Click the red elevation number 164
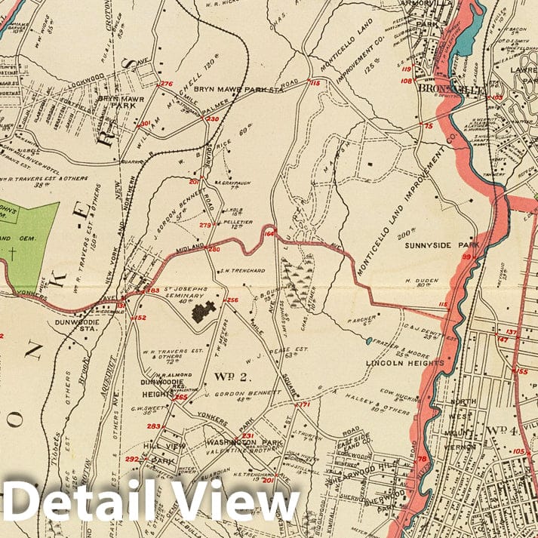click(x=269, y=235)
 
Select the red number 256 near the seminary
click(x=232, y=301)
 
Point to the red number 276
click(x=166, y=84)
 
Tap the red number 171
click(x=304, y=405)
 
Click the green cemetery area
click(x=30, y=241)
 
